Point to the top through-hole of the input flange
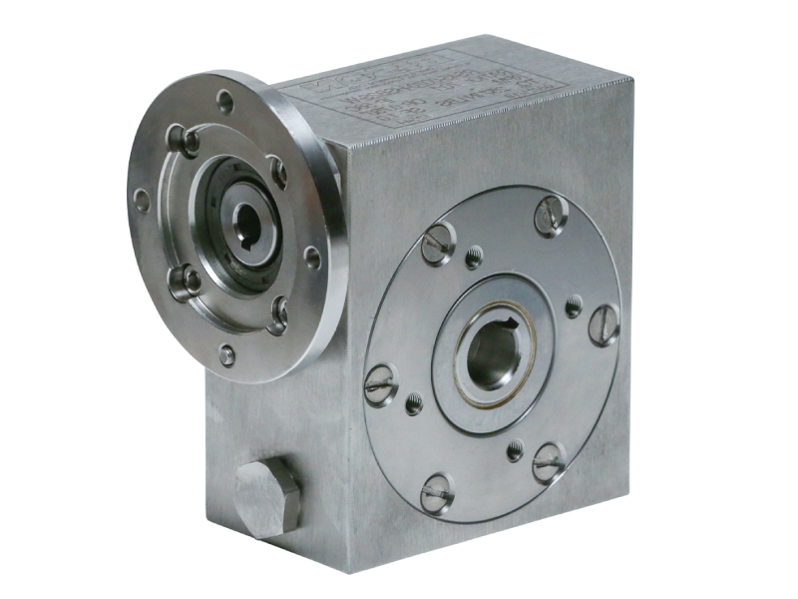[x=224, y=99]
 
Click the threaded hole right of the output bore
[x=576, y=305]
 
